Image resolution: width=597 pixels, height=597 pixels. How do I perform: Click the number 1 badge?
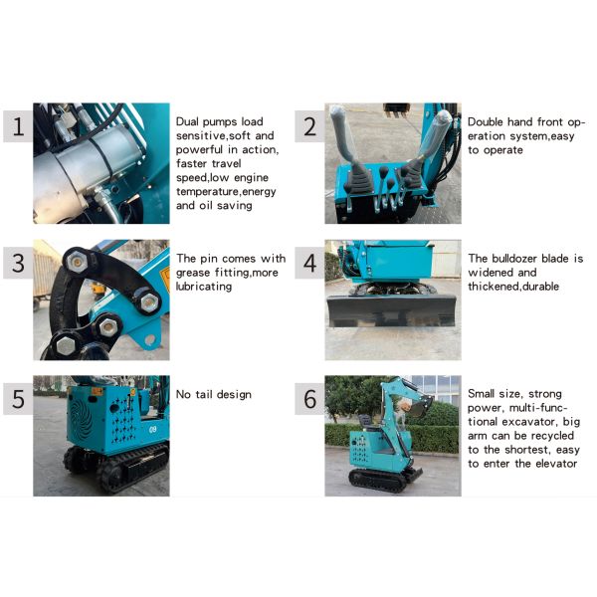[x=17, y=126]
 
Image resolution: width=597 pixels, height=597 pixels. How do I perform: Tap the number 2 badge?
[x=309, y=126]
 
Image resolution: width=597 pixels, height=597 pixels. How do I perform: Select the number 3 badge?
[x=17, y=264]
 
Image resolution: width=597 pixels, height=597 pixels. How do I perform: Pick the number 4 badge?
[x=309, y=264]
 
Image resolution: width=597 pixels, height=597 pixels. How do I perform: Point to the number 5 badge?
[x=17, y=399]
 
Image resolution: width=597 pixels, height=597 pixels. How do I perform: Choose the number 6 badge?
[x=309, y=399]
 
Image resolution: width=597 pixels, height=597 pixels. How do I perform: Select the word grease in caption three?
[x=196, y=273]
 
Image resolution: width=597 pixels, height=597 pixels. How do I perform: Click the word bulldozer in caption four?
[x=517, y=258]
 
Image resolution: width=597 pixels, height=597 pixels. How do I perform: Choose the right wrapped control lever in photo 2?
[x=430, y=139]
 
